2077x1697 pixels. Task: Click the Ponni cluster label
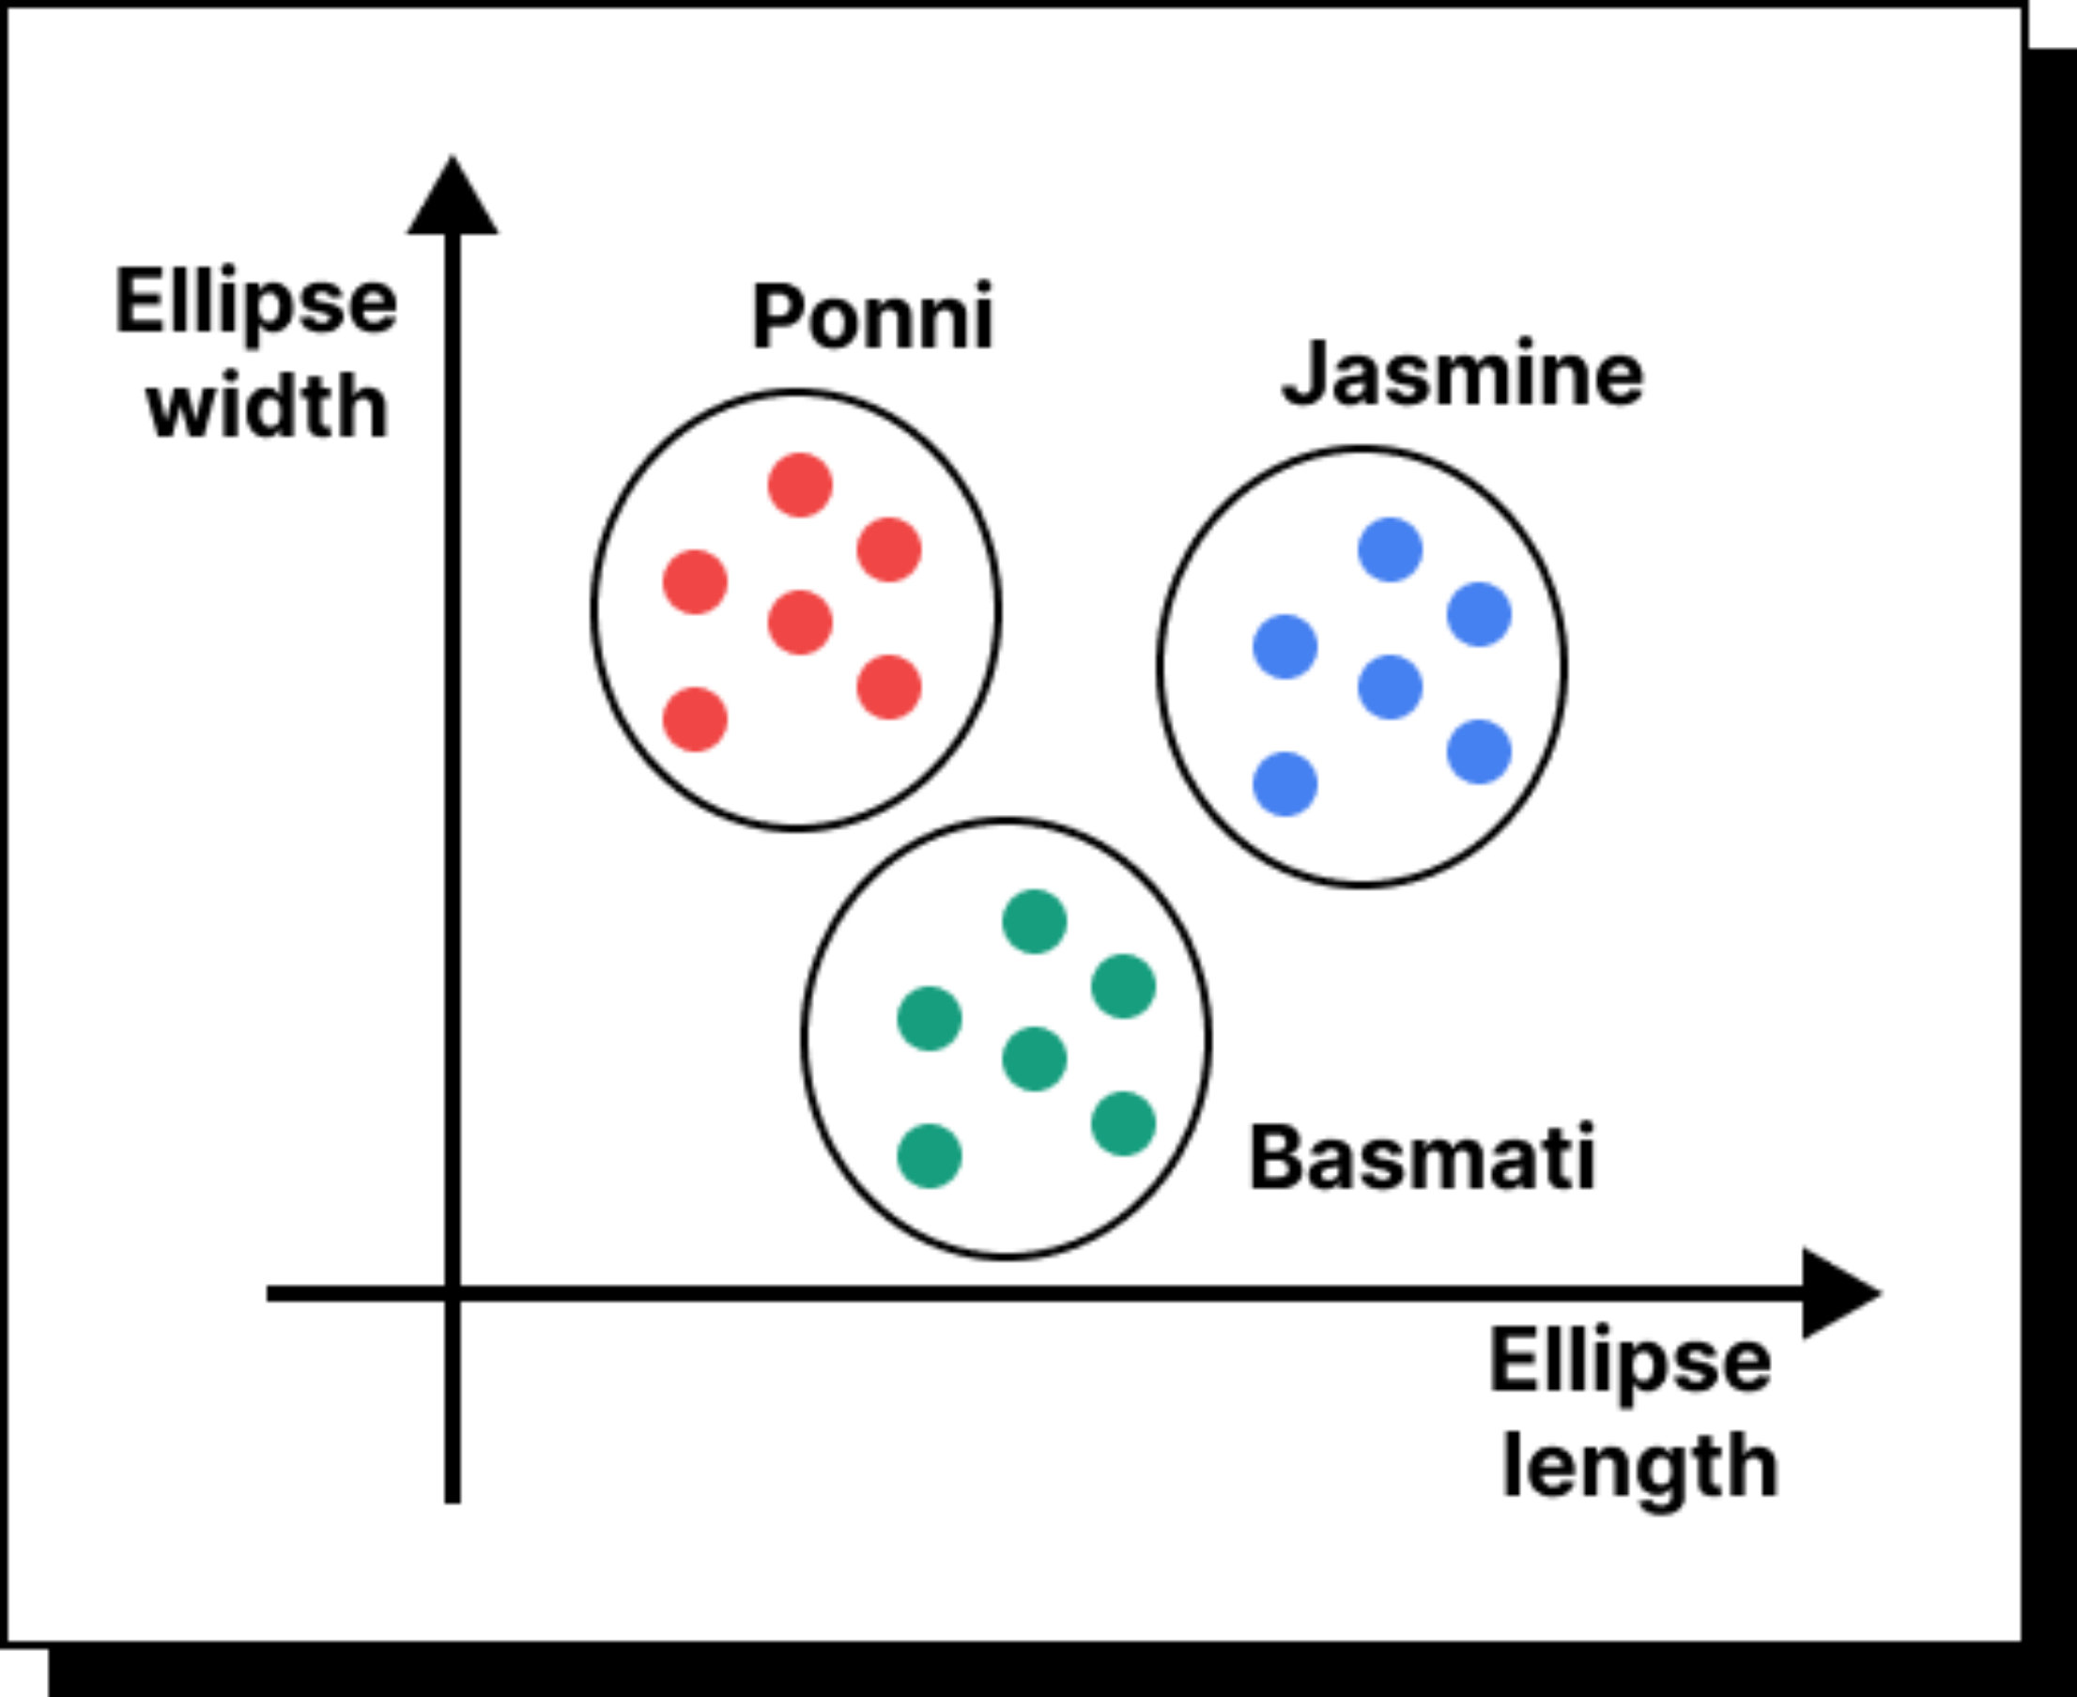coord(872,316)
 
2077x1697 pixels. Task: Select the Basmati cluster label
coord(1422,1157)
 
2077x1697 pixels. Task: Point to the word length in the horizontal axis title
coord(1639,1466)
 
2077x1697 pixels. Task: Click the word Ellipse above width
coord(256,302)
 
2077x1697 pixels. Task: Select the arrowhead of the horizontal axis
coord(1838,1293)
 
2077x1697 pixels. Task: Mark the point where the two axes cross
coord(452,1293)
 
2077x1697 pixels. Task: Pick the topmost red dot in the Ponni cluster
coord(799,485)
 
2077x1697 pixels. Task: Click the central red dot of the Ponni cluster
coord(799,622)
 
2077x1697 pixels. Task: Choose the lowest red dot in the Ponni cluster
coord(695,719)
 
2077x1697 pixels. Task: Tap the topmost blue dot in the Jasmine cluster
coord(1390,550)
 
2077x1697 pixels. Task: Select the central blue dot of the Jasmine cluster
coord(1390,687)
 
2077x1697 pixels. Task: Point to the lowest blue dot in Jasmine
coord(1285,784)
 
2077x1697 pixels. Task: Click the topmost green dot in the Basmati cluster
coord(1034,921)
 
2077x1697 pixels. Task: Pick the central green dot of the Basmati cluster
coord(1034,1058)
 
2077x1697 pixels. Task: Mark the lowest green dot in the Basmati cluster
coord(929,1155)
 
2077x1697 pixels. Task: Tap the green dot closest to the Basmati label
coord(1123,1123)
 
